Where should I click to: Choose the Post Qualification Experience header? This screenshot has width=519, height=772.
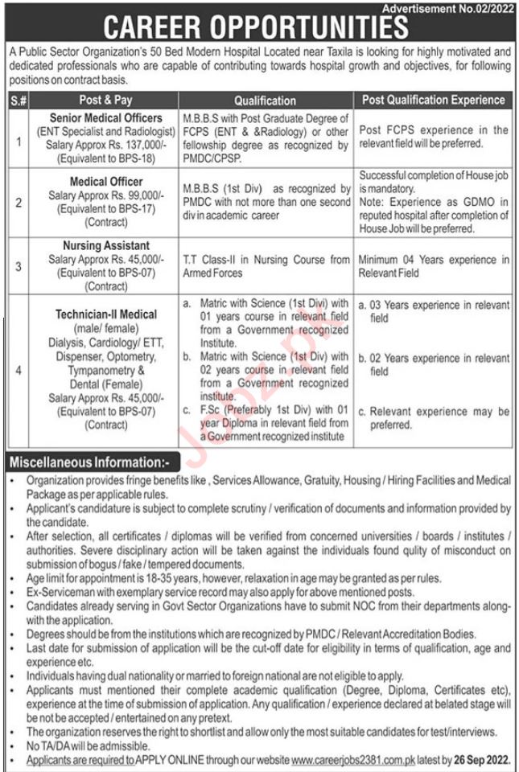(434, 101)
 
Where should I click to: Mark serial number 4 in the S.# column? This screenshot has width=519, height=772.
(18, 370)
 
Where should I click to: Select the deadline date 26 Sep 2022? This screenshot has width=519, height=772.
(481, 757)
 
